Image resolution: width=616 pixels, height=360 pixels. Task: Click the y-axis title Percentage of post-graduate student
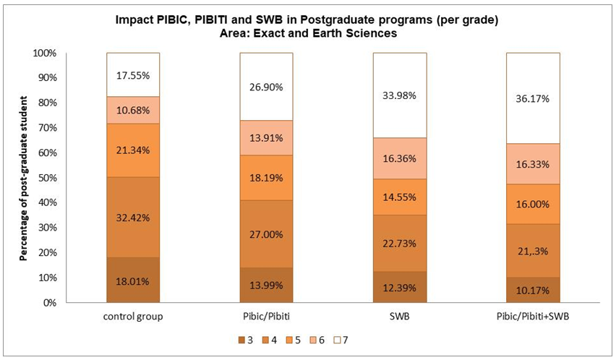tap(24, 178)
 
